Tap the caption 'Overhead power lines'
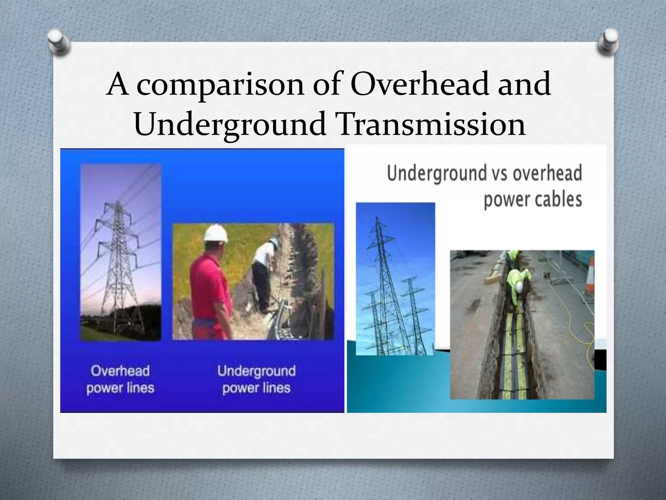pos(120,379)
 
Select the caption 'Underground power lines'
pos(257,380)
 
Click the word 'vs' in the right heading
pos(500,173)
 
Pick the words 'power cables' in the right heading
pos(532,199)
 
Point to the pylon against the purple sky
pos(119,260)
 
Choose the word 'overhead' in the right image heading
pos(547,173)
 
